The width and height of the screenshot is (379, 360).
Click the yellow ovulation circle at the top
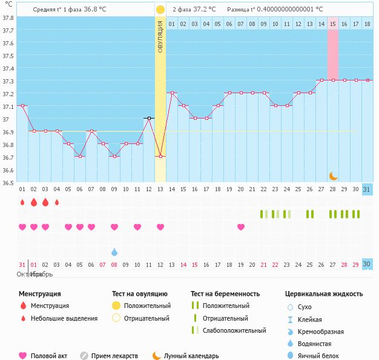coord(160,10)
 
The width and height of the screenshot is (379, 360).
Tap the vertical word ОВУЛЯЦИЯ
coord(160,37)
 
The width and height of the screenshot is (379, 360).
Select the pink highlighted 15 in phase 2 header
coord(333,24)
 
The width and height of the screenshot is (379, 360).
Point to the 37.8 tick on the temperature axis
coord(8,18)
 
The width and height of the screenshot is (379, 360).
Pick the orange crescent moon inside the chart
coord(334,175)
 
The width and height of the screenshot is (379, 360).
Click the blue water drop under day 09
coord(114,251)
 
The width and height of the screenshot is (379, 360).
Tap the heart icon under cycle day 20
coord(241,227)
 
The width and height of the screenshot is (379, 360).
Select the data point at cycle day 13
coord(160,157)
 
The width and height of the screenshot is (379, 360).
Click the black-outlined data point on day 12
coord(149,118)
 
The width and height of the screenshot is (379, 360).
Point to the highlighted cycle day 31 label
coord(367,190)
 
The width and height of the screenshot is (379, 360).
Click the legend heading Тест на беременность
coord(225,294)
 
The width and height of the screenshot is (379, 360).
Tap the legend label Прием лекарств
coord(114,356)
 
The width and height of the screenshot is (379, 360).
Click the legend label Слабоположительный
coord(234,331)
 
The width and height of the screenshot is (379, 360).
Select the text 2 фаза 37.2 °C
coord(194,10)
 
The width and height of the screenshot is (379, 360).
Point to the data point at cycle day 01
coord(22,105)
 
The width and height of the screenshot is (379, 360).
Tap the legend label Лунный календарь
coord(191,356)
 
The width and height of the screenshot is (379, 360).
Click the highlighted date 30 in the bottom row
coord(367,264)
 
